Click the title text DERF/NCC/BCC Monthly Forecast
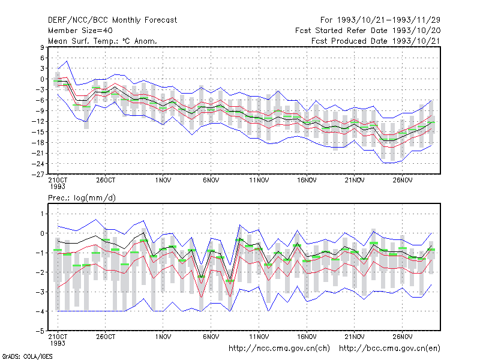(112, 20)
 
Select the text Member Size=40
(80, 31)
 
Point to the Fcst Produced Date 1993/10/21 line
(376, 41)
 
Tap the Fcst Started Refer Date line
(368, 31)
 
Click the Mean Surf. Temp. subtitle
(103, 41)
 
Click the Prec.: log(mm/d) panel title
(82, 198)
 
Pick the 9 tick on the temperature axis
(42, 47)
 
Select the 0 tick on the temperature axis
(42, 79)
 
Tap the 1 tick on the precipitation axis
(42, 214)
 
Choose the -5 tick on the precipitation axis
(40, 331)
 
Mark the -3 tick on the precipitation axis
(40, 292)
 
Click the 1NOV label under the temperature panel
(163, 180)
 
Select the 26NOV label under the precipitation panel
(402, 337)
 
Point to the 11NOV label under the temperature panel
(259, 180)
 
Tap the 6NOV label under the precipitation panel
(211, 337)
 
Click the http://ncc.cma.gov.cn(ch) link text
(279, 349)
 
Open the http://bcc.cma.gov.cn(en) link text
(389, 349)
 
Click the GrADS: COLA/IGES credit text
(27, 356)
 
